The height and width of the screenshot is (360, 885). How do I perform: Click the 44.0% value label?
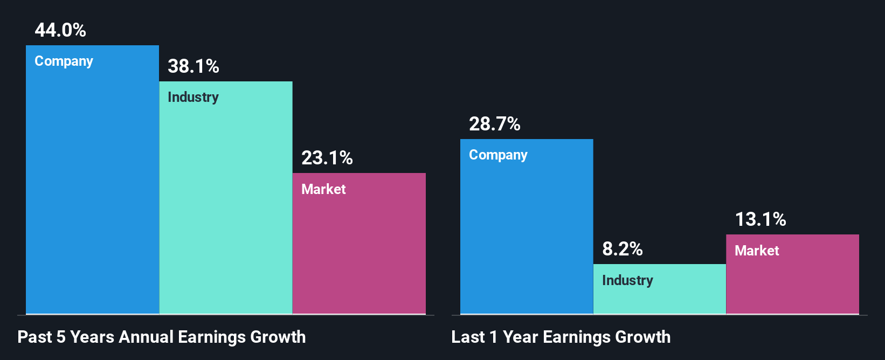pyautogui.click(x=60, y=30)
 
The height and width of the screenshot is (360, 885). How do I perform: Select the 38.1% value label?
pyautogui.click(x=193, y=66)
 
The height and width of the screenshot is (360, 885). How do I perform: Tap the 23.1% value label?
pyautogui.click(x=327, y=158)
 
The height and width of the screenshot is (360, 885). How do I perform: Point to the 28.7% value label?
pyautogui.click(x=495, y=124)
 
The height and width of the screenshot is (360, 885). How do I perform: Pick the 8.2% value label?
pyautogui.click(x=623, y=249)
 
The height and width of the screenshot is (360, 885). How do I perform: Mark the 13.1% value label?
pyautogui.click(x=760, y=219)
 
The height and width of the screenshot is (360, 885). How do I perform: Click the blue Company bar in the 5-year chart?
pyautogui.click(x=92, y=189)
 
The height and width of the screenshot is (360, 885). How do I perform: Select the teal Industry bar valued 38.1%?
pyautogui.click(x=226, y=205)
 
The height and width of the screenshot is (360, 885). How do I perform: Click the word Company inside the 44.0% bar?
pyautogui.click(x=64, y=61)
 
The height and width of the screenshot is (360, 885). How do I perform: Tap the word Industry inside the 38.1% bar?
pyautogui.click(x=193, y=98)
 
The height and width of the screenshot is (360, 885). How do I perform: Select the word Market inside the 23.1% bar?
pyautogui.click(x=323, y=189)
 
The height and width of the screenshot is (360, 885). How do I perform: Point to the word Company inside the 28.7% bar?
pyautogui.click(x=499, y=155)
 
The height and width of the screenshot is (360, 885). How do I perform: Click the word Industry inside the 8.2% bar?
pyautogui.click(x=628, y=281)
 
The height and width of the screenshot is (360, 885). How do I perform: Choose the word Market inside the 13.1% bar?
pyautogui.click(x=757, y=251)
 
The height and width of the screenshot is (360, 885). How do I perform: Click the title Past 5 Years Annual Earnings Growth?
pyautogui.click(x=162, y=337)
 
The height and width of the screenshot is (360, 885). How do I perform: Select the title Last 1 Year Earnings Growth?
pyautogui.click(x=561, y=337)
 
